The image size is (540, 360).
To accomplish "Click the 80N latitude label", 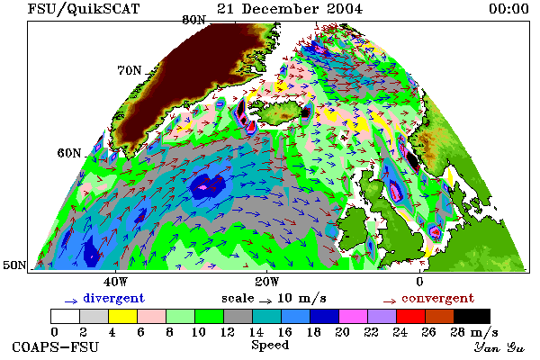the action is tap(193, 20).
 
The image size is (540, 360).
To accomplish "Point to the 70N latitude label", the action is tap(130, 70).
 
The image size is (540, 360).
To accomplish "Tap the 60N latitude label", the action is tap(69, 153).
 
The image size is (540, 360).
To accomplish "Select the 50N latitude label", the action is tap(14, 265).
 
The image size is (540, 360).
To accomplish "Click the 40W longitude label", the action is tap(115, 282).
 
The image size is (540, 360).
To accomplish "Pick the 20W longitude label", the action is tap(267, 282).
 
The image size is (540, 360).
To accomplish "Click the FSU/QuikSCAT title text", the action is tap(84, 9).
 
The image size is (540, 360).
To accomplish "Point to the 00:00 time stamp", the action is tap(508, 9).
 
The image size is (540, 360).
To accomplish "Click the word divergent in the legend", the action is tap(113, 298).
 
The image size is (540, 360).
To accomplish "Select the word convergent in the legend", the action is tap(438, 298).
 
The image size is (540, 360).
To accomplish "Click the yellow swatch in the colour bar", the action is tap(123, 316).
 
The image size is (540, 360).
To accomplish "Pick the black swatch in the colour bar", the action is tap(472, 316).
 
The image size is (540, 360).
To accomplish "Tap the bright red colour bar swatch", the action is tap(411, 316).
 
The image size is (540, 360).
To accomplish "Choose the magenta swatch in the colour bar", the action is tap(354, 316).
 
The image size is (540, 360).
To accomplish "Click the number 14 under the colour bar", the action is tap(256, 332).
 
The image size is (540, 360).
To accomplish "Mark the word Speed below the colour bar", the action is tap(270, 346).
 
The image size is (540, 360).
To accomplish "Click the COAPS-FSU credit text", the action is tap(55, 347).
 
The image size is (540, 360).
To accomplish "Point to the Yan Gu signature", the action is tap(499, 347).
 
